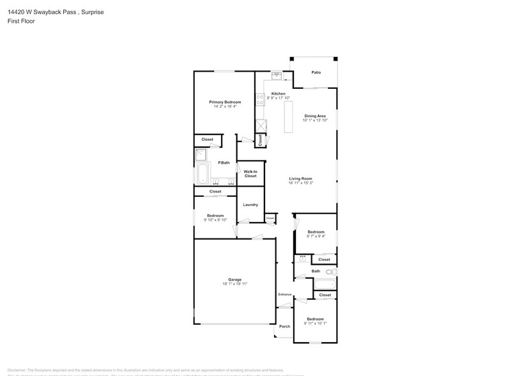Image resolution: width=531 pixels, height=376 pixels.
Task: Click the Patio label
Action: pos(316,72)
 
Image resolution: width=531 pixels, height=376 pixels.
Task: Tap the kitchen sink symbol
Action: pos(277,75)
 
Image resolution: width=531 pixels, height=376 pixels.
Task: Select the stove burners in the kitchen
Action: pos(260,99)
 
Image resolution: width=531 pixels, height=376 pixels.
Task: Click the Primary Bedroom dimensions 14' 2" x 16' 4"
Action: pos(225,106)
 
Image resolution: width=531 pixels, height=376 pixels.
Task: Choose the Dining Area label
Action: pos(315,116)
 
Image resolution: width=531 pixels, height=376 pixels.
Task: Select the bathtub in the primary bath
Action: pos(203,173)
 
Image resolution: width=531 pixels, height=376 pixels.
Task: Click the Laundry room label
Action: pos(250,205)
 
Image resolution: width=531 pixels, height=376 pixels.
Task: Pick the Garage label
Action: pos(235,279)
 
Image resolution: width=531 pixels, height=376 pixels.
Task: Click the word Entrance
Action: pos(284,294)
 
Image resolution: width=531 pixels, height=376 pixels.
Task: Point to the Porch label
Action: pos(284,326)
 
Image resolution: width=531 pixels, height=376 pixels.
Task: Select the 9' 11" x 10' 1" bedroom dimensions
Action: pos(314,323)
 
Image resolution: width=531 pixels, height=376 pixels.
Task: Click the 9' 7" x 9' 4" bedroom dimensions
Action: pos(316,236)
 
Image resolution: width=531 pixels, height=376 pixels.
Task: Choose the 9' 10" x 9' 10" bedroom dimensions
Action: pos(215,220)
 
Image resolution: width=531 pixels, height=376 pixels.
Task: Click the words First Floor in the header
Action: pos(21,21)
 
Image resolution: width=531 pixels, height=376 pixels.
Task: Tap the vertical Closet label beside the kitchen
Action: pos(260,139)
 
